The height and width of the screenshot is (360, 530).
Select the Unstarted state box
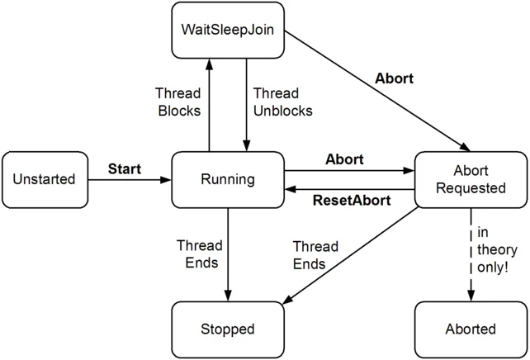pos(44,179)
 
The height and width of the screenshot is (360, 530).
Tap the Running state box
pos(227,179)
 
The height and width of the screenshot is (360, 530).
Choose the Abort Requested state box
pos(471,179)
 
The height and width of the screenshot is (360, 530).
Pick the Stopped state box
pos(227,329)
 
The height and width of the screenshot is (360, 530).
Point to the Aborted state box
pos(471,329)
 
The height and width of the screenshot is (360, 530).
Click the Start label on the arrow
pos(125,169)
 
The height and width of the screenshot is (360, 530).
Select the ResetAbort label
pos(348,200)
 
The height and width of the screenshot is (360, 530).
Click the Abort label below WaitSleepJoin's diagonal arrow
pos(394,80)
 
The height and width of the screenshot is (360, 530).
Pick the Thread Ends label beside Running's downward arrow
pos(199,254)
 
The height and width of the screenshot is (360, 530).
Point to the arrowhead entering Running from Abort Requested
pos(290,189)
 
